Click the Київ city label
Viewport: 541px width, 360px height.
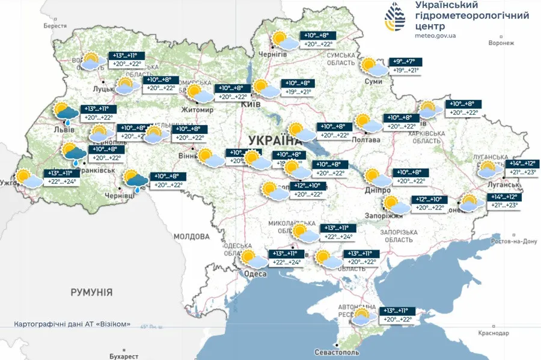click(x=248, y=104)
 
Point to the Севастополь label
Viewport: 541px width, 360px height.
click(x=337, y=352)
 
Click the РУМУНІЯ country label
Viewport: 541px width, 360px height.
click(x=91, y=293)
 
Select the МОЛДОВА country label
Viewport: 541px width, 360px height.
click(x=191, y=237)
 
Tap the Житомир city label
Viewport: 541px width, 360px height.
click(x=198, y=110)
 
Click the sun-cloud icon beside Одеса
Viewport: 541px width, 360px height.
click(x=252, y=258)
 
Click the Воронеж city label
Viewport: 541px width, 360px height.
click(x=501, y=43)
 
